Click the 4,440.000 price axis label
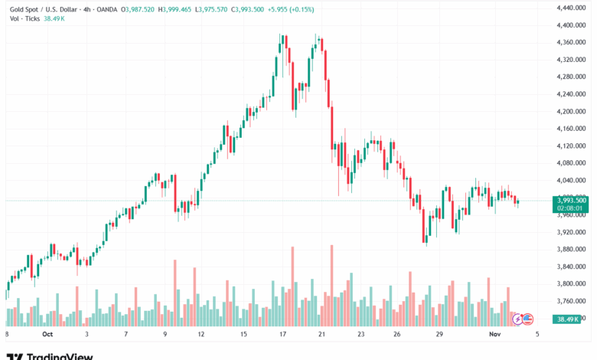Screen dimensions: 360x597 click(570, 8)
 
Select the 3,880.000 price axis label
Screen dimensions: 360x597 click(570, 250)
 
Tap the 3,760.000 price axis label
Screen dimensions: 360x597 click(570, 302)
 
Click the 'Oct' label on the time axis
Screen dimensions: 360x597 click(47, 334)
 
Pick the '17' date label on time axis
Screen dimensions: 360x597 click(282, 334)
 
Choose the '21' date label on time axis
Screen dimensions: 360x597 click(322, 334)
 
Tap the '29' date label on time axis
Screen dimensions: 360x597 click(439, 334)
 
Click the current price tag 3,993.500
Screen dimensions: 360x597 click(570, 200)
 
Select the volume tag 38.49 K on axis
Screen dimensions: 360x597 click(570, 319)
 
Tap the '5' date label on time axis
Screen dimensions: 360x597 click(538, 334)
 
